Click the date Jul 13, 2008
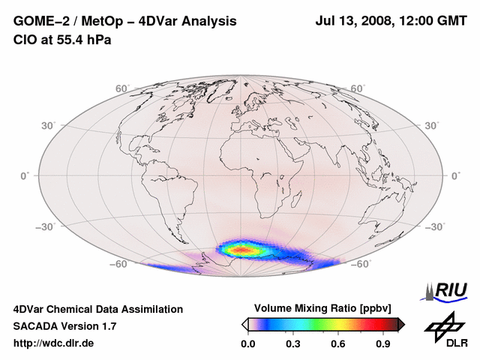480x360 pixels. pyautogui.click(x=352, y=22)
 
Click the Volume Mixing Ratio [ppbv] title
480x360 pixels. pyautogui.click(x=323, y=308)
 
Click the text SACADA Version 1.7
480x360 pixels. pyautogui.click(x=64, y=326)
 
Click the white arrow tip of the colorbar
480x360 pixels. pyautogui.click(x=244, y=324)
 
